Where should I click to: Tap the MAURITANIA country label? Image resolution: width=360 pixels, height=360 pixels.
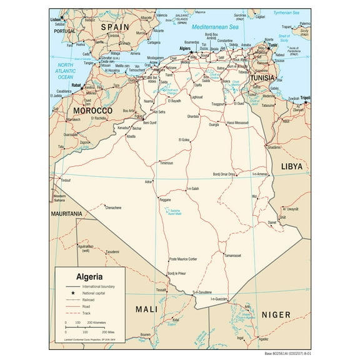pyautogui.click(x=67, y=214)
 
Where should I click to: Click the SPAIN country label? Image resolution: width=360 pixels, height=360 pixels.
pyautogui.click(x=115, y=27)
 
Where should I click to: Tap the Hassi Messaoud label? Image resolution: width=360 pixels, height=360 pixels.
pyautogui.click(x=238, y=122)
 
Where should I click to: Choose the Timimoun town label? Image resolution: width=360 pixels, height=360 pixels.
pyautogui.click(x=166, y=163)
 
